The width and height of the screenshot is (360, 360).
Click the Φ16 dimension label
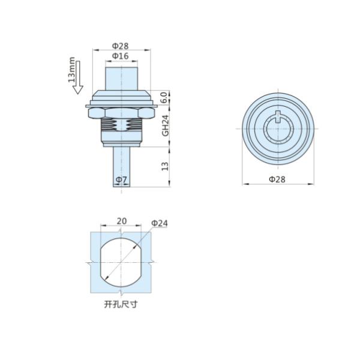coord(121,56)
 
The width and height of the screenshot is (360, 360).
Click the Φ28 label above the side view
coord(121,46)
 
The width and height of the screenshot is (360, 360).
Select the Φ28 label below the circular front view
coord(277,179)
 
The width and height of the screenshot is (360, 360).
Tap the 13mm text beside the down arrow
coord(71,70)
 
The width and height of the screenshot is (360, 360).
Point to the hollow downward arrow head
coord(78,89)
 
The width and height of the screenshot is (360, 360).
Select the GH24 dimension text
coord(166,125)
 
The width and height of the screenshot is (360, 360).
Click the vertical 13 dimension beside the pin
coord(165,166)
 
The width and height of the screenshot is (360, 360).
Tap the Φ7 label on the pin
coord(121,180)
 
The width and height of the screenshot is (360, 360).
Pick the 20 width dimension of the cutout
coord(122,221)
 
